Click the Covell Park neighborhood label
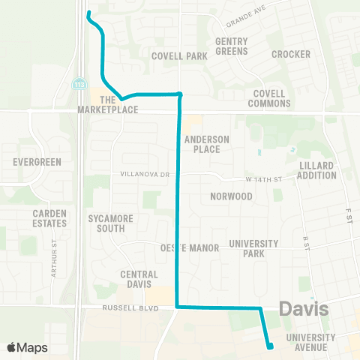coord(178,56)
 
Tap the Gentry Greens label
coord(231,46)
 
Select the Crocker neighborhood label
coord(286,54)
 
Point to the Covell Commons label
coord(268,98)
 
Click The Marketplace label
coord(108,104)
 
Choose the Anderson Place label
coord(202,144)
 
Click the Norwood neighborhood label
coord(231,196)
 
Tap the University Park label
coord(253,248)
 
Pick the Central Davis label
coord(139,279)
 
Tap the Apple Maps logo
coord(27,347)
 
